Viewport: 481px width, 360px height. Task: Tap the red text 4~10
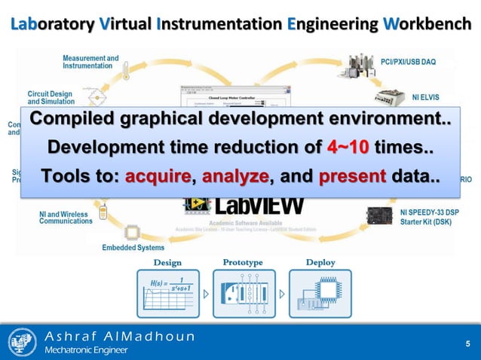click(x=348, y=145)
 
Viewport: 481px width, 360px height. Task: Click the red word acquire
click(x=157, y=177)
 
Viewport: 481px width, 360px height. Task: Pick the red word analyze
click(x=234, y=177)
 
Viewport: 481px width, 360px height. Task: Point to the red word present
click(x=352, y=177)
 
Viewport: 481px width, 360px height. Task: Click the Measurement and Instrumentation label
click(x=90, y=62)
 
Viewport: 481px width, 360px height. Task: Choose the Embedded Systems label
click(x=134, y=247)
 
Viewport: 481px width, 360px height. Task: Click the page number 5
click(x=467, y=345)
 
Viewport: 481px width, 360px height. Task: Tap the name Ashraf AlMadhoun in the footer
click(x=118, y=336)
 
